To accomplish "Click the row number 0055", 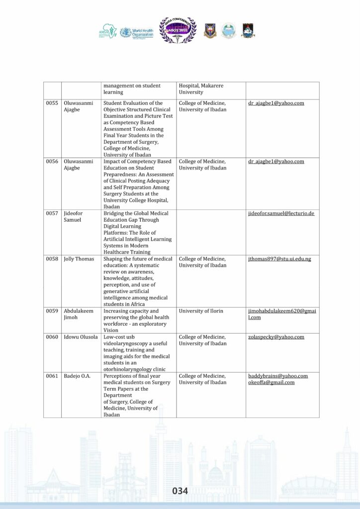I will tap(52, 103).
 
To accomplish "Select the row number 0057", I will tap(52, 213).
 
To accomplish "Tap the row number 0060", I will tap(52, 337).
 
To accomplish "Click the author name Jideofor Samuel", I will tap(73, 216).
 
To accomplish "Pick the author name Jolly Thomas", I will tap(79, 259).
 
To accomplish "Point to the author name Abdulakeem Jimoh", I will tap(77, 314).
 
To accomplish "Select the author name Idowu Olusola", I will tap(81, 337).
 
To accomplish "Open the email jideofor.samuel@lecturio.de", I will tap(281, 213).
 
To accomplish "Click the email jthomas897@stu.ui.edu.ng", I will tap(279, 259).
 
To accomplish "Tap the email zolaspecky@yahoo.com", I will tap(276, 337).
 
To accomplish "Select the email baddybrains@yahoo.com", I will tap(278, 376).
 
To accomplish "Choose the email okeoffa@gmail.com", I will tap(271, 382).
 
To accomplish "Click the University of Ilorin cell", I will tap(201, 311).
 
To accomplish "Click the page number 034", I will tap(180, 491).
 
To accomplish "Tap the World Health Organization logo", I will tap(135, 31).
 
